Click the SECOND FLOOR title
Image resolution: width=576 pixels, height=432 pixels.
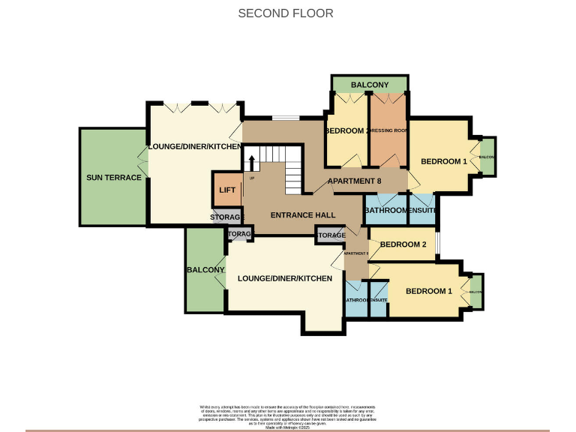click(286, 13)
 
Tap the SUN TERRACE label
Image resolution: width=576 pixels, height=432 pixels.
click(114, 178)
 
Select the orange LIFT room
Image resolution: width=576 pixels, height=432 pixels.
click(227, 190)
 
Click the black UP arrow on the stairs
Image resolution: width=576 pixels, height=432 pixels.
click(252, 163)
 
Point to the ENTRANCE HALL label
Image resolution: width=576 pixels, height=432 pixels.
click(303, 215)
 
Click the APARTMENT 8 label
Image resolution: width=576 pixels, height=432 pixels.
click(355, 181)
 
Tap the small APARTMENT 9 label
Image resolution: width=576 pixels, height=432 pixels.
click(355, 253)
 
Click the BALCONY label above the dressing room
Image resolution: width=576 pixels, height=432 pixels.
click(370, 85)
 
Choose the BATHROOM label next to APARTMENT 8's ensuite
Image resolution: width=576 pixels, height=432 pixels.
click(385, 211)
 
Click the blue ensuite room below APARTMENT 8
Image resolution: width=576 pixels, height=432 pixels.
click(422, 210)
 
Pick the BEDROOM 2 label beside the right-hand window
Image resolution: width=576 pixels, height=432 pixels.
click(403, 244)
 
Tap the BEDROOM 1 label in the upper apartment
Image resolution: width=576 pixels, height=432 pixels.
click(444, 161)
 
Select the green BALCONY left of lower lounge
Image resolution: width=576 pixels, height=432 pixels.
click(205, 270)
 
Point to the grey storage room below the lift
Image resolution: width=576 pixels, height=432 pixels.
click(228, 217)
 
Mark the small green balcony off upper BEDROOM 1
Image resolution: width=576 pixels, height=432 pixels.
click(487, 157)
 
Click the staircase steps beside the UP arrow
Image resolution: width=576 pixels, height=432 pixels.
click(292, 169)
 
